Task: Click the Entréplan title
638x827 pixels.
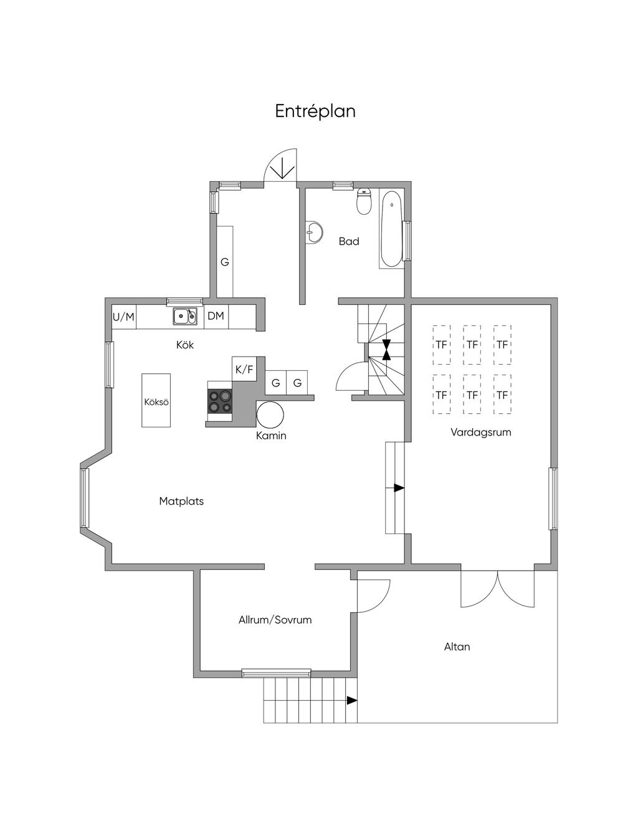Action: pos(315,111)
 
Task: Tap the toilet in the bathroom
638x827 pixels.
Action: pos(364,202)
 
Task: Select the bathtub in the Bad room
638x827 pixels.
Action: pos(391,229)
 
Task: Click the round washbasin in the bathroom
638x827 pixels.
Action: pos(315,231)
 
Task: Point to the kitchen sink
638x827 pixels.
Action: pos(185,316)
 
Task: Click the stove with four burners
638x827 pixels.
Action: pos(220,401)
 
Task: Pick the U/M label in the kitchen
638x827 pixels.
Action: pos(123,317)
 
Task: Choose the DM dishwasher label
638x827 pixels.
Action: pos(216,315)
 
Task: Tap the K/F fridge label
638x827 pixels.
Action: pos(244,369)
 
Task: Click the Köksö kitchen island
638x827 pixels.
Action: pos(156,400)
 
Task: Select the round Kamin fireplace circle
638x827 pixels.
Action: pos(270,415)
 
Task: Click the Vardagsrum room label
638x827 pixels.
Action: pos(481,432)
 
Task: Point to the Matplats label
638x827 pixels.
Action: pos(181,501)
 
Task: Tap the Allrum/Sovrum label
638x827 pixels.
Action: pos(275,620)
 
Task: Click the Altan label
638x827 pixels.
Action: pos(457,647)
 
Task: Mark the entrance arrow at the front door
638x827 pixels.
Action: pos(282,168)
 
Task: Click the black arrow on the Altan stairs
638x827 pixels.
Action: pos(352,700)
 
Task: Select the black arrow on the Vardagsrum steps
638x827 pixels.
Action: pos(399,488)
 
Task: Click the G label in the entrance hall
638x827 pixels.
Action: pos(225,262)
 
